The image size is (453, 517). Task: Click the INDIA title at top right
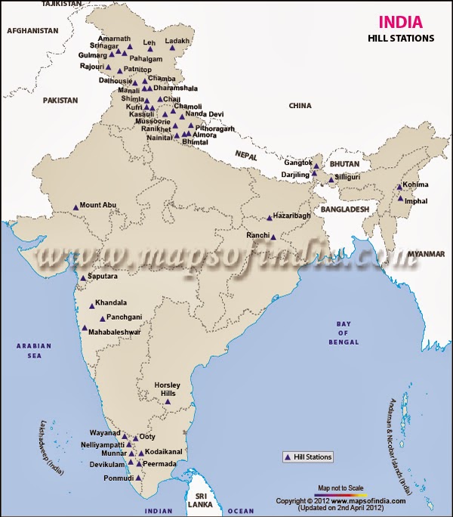click(395, 23)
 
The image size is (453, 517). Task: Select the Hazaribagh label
click(291, 216)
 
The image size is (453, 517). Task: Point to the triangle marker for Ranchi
click(273, 237)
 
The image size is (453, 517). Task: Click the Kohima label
click(415, 184)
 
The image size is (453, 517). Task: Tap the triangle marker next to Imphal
click(400, 200)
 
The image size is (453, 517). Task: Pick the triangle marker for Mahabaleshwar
click(85, 328)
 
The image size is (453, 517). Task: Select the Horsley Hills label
click(167, 389)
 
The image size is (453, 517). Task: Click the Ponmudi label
click(117, 478)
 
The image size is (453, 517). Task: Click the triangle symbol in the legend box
click(288, 457)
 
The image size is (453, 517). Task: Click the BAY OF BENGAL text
click(344, 332)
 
